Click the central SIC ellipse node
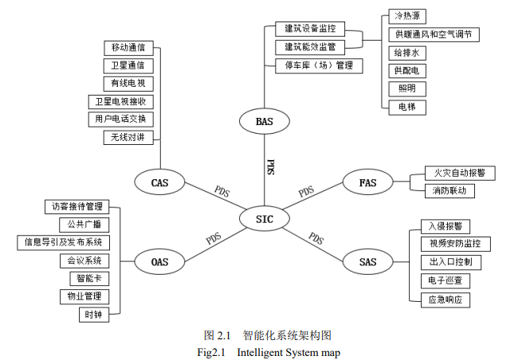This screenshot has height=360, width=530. pyautogui.click(x=264, y=218)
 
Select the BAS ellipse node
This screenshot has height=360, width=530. pyautogui.click(x=264, y=122)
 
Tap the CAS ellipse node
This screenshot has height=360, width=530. pyautogui.click(x=159, y=183)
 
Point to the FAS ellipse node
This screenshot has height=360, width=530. pyautogui.click(x=367, y=183)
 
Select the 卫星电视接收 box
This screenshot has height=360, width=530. pyautogui.click(x=121, y=101)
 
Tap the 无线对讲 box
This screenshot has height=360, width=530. pyautogui.click(x=128, y=137)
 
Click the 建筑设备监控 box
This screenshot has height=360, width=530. pyautogui.click(x=309, y=29)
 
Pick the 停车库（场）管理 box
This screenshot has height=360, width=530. pyautogui.click(x=313, y=65)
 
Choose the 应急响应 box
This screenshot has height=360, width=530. pyautogui.click(x=445, y=300)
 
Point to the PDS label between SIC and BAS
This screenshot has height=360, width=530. pyautogui.click(x=270, y=167)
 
